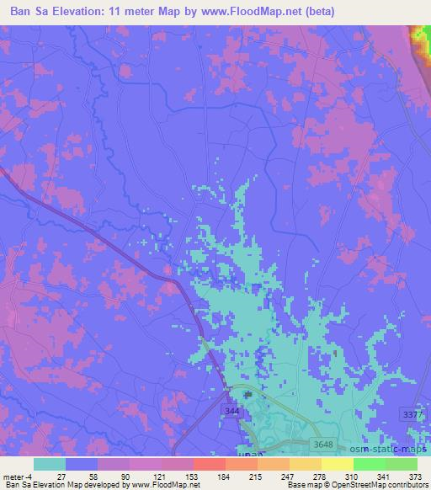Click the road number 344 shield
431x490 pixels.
(231, 408)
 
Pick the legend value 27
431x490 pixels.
(49, 477)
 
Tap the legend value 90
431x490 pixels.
(113, 477)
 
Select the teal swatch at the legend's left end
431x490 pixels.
(50, 464)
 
